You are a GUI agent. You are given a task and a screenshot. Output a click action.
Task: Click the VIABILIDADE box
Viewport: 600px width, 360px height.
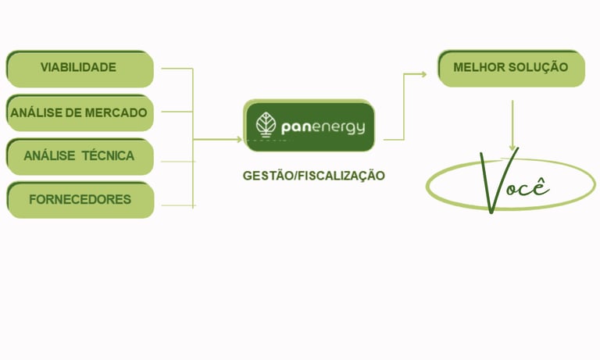[x=79, y=68]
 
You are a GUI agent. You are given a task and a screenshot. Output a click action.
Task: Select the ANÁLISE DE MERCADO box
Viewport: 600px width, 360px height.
[x=79, y=112]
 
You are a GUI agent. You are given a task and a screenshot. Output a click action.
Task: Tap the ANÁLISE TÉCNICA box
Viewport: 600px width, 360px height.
[x=79, y=155]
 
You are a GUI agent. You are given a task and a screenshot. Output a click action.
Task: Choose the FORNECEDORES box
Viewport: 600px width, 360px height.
[x=79, y=199]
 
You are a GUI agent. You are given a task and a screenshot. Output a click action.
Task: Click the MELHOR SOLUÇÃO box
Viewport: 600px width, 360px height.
[x=511, y=67]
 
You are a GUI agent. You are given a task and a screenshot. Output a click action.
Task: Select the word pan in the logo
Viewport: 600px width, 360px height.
[x=295, y=127]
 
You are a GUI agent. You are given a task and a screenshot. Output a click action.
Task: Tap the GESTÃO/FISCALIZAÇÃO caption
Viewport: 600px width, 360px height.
[x=314, y=176]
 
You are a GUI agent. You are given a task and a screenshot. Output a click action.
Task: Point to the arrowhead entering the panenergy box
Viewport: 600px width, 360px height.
[x=239, y=140]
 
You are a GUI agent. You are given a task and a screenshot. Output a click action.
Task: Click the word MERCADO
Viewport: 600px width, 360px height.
[x=116, y=112]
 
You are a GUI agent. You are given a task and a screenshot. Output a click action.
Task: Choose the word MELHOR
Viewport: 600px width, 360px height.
[x=478, y=67]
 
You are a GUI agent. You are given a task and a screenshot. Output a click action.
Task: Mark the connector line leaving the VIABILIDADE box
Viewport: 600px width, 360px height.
[x=177, y=69]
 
